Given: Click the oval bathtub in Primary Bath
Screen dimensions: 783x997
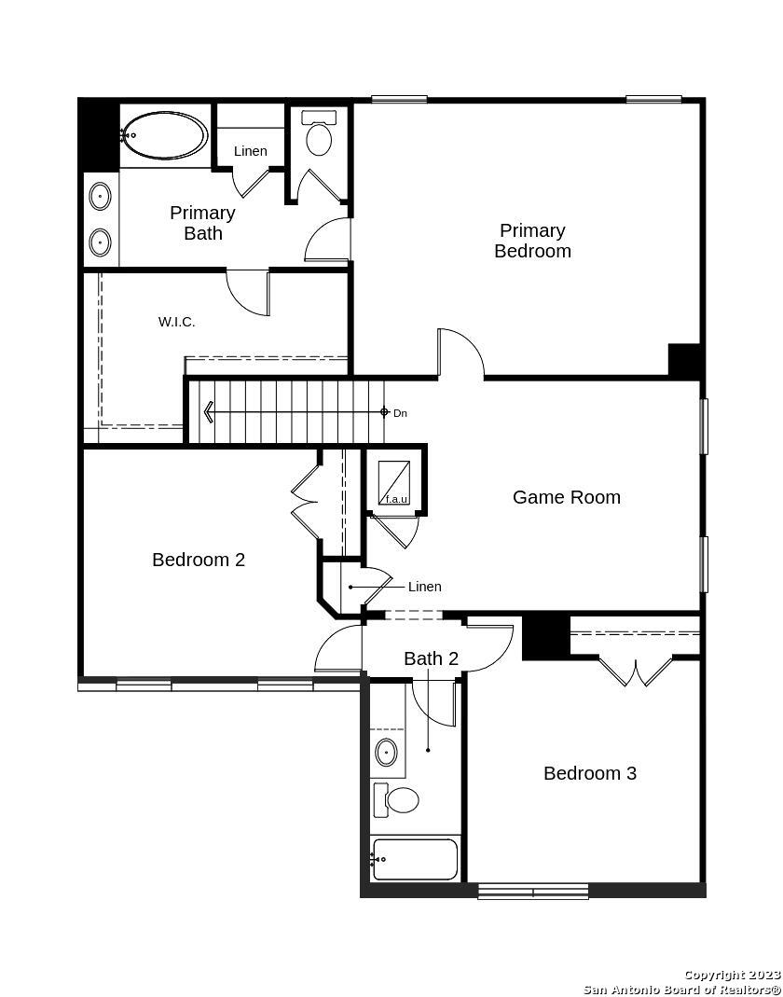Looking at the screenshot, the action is point(165,135).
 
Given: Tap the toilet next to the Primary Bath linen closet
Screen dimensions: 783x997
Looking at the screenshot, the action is point(319,133).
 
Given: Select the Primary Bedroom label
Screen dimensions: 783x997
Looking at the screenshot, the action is point(532,241).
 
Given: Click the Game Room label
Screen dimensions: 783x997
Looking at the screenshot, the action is point(567,496).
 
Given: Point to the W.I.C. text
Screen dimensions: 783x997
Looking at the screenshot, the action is point(177,322).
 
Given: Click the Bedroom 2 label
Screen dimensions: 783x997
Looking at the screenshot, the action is point(199,560).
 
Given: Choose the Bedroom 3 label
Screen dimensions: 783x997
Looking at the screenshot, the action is point(590,773).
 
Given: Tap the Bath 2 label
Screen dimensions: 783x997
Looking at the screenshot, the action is point(431,658).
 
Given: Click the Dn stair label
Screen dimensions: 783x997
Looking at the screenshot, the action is point(400,413).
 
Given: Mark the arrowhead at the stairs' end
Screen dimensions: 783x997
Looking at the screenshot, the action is point(208,412).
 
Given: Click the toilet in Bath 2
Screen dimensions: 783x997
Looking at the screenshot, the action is point(396,800).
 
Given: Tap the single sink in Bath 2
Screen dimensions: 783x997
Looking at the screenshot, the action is point(387,753).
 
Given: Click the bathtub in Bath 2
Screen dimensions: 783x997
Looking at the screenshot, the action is point(415,860).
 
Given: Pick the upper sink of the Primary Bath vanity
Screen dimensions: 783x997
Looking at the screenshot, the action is point(101,197).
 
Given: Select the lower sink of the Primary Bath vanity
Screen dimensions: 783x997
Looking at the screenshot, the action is point(101,242).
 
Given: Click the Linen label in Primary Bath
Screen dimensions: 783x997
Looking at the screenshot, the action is point(251,151).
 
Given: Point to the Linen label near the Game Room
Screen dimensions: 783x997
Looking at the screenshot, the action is point(424,587).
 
